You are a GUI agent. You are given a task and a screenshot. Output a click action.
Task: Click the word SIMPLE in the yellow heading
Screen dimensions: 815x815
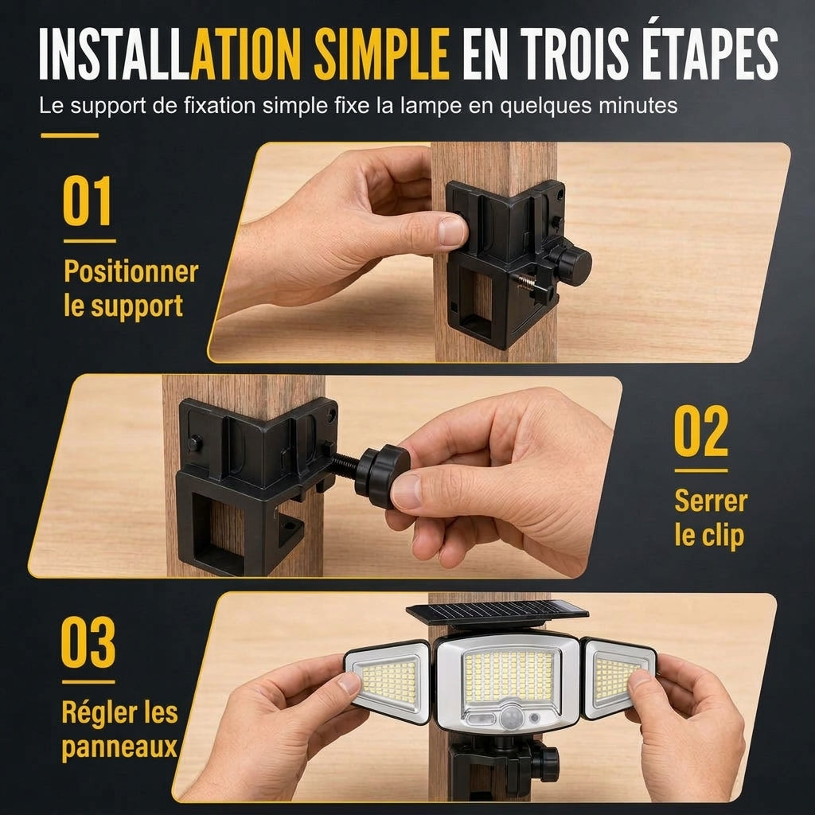tap(381, 53)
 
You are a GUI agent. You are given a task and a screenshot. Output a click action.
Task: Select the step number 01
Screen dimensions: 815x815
tap(88, 201)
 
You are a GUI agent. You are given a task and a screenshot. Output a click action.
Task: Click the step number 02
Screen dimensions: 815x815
tap(701, 431)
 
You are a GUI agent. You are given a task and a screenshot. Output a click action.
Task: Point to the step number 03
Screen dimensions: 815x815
tap(88, 642)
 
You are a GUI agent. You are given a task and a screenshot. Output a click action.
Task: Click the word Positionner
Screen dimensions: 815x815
tap(131, 271)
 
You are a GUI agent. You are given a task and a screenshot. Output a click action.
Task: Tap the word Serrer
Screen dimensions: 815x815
tap(711, 501)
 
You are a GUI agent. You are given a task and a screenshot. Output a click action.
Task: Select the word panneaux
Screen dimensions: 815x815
tap(119, 747)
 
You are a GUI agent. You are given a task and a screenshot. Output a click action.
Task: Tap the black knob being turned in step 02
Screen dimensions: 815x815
tap(382, 476)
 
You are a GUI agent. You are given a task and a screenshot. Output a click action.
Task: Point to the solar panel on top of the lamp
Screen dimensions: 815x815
tap(497, 614)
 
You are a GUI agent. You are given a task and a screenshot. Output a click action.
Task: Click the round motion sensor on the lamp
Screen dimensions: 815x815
tap(510, 718)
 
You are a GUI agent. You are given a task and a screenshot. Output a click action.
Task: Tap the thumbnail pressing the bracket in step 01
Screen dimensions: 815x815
tap(451, 231)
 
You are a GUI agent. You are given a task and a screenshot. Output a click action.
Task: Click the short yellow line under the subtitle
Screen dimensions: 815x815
tap(70, 135)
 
